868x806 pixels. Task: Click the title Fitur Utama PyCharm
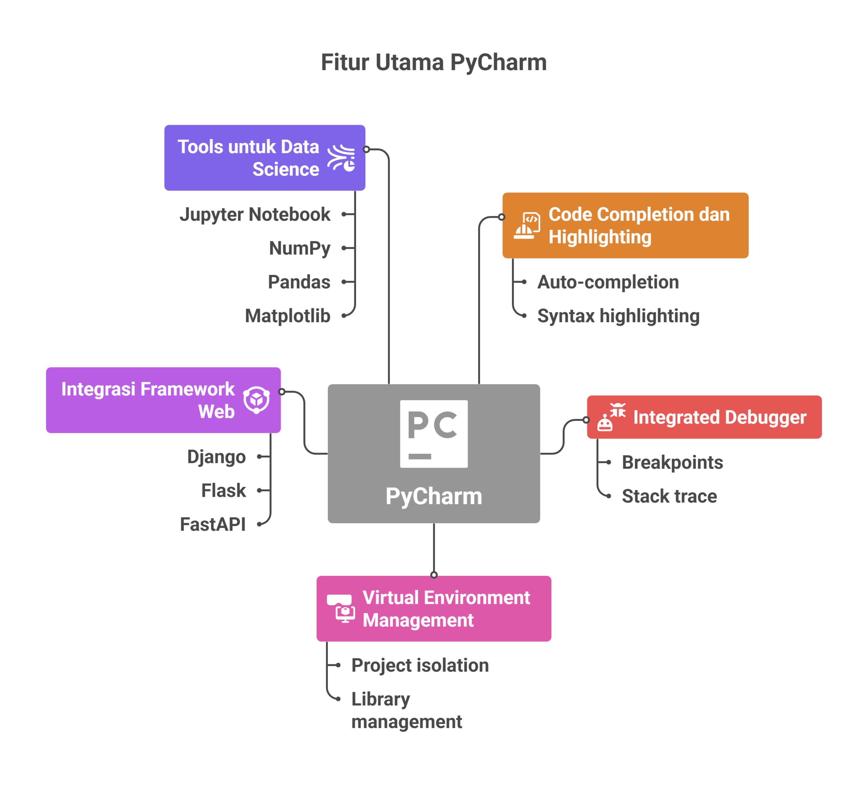pyautogui.click(x=434, y=62)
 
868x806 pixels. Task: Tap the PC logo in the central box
pyautogui.click(x=434, y=434)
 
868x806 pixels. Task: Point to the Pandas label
pyautogui.click(x=299, y=282)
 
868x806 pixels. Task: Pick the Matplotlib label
pyautogui.click(x=288, y=316)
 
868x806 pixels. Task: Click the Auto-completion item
pyautogui.click(x=608, y=282)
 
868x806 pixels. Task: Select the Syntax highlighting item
pyautogui.click(x=618, y=316)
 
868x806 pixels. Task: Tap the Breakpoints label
pyautogui.click(x=672, y=462)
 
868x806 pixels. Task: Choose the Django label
pyautogui.click(x=216, y=457)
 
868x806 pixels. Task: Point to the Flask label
pyautogui.click(x=223, y=490)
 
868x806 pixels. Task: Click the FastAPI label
pyautogui.click(x=213, y=524)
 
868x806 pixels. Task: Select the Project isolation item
pyautogui.click(x=420, y=665)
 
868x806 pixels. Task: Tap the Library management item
pyautogui.click(x=406, y=710)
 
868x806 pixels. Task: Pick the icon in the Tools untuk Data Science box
pyautogui.click(x=341, y=158)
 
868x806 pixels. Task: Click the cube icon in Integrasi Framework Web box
pyautogui.click(x=256, y=399)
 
